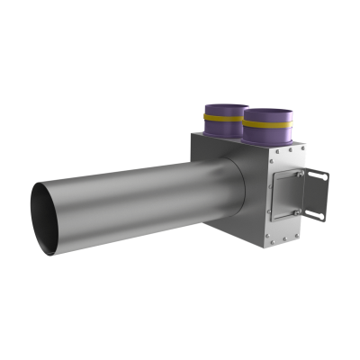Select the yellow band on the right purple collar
click(267, 125)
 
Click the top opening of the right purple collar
click(268, 112)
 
